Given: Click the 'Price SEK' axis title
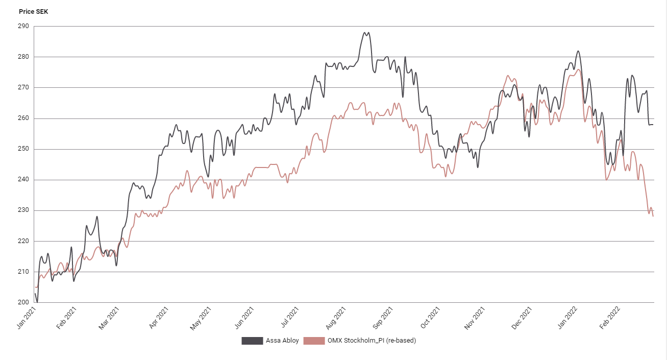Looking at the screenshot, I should (33, 11).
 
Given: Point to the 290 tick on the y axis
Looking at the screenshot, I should (24, 26).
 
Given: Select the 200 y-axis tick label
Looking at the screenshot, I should (24, 302).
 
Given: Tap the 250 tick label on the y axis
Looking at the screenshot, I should (24, 149).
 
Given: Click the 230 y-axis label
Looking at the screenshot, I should (24, 210).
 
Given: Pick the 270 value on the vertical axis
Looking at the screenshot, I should (24, 87).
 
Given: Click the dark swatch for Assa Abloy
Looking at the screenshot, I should (252, 341).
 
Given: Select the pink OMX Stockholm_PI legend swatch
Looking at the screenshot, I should (314, 341).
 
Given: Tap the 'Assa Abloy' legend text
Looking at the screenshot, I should (282, 341).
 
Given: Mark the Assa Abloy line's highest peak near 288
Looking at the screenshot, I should (365, 33).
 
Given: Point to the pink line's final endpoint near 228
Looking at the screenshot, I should (653, 216).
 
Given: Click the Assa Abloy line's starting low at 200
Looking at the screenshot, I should (37, 302).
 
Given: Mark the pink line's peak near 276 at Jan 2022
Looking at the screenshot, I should (579, 69).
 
